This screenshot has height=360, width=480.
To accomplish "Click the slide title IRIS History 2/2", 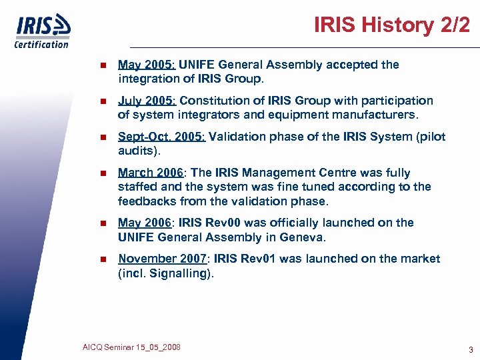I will point(392,25).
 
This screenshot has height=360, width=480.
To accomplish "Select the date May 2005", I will point(147,65).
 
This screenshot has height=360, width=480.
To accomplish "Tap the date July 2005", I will point(147,101).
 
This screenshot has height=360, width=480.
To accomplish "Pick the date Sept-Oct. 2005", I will point(162,137).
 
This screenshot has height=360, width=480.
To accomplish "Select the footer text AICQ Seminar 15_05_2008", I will point(131,347).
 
